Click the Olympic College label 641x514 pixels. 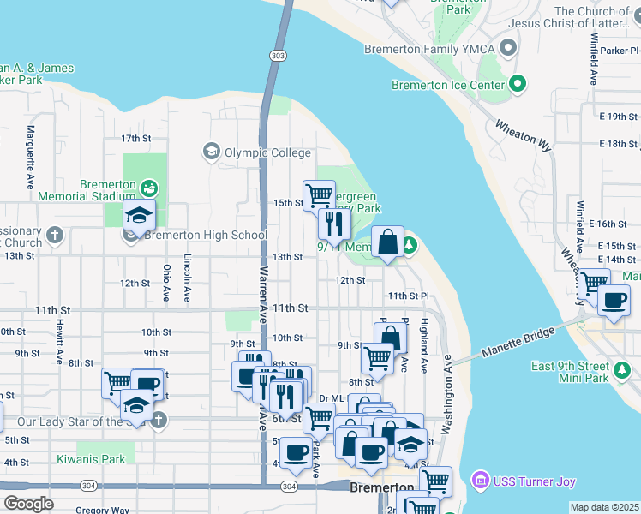click(267, 153)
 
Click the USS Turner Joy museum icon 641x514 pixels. click(479, 482)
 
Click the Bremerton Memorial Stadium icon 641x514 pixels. click(149, 187)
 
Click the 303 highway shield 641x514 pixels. click(277, 56)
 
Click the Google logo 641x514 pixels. click(28, 504)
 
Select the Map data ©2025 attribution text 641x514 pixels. click(604, 507)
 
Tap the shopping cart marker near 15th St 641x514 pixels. click(319, 194)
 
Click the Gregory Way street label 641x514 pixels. click(102, 510)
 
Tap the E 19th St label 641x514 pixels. click(619, 117)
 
